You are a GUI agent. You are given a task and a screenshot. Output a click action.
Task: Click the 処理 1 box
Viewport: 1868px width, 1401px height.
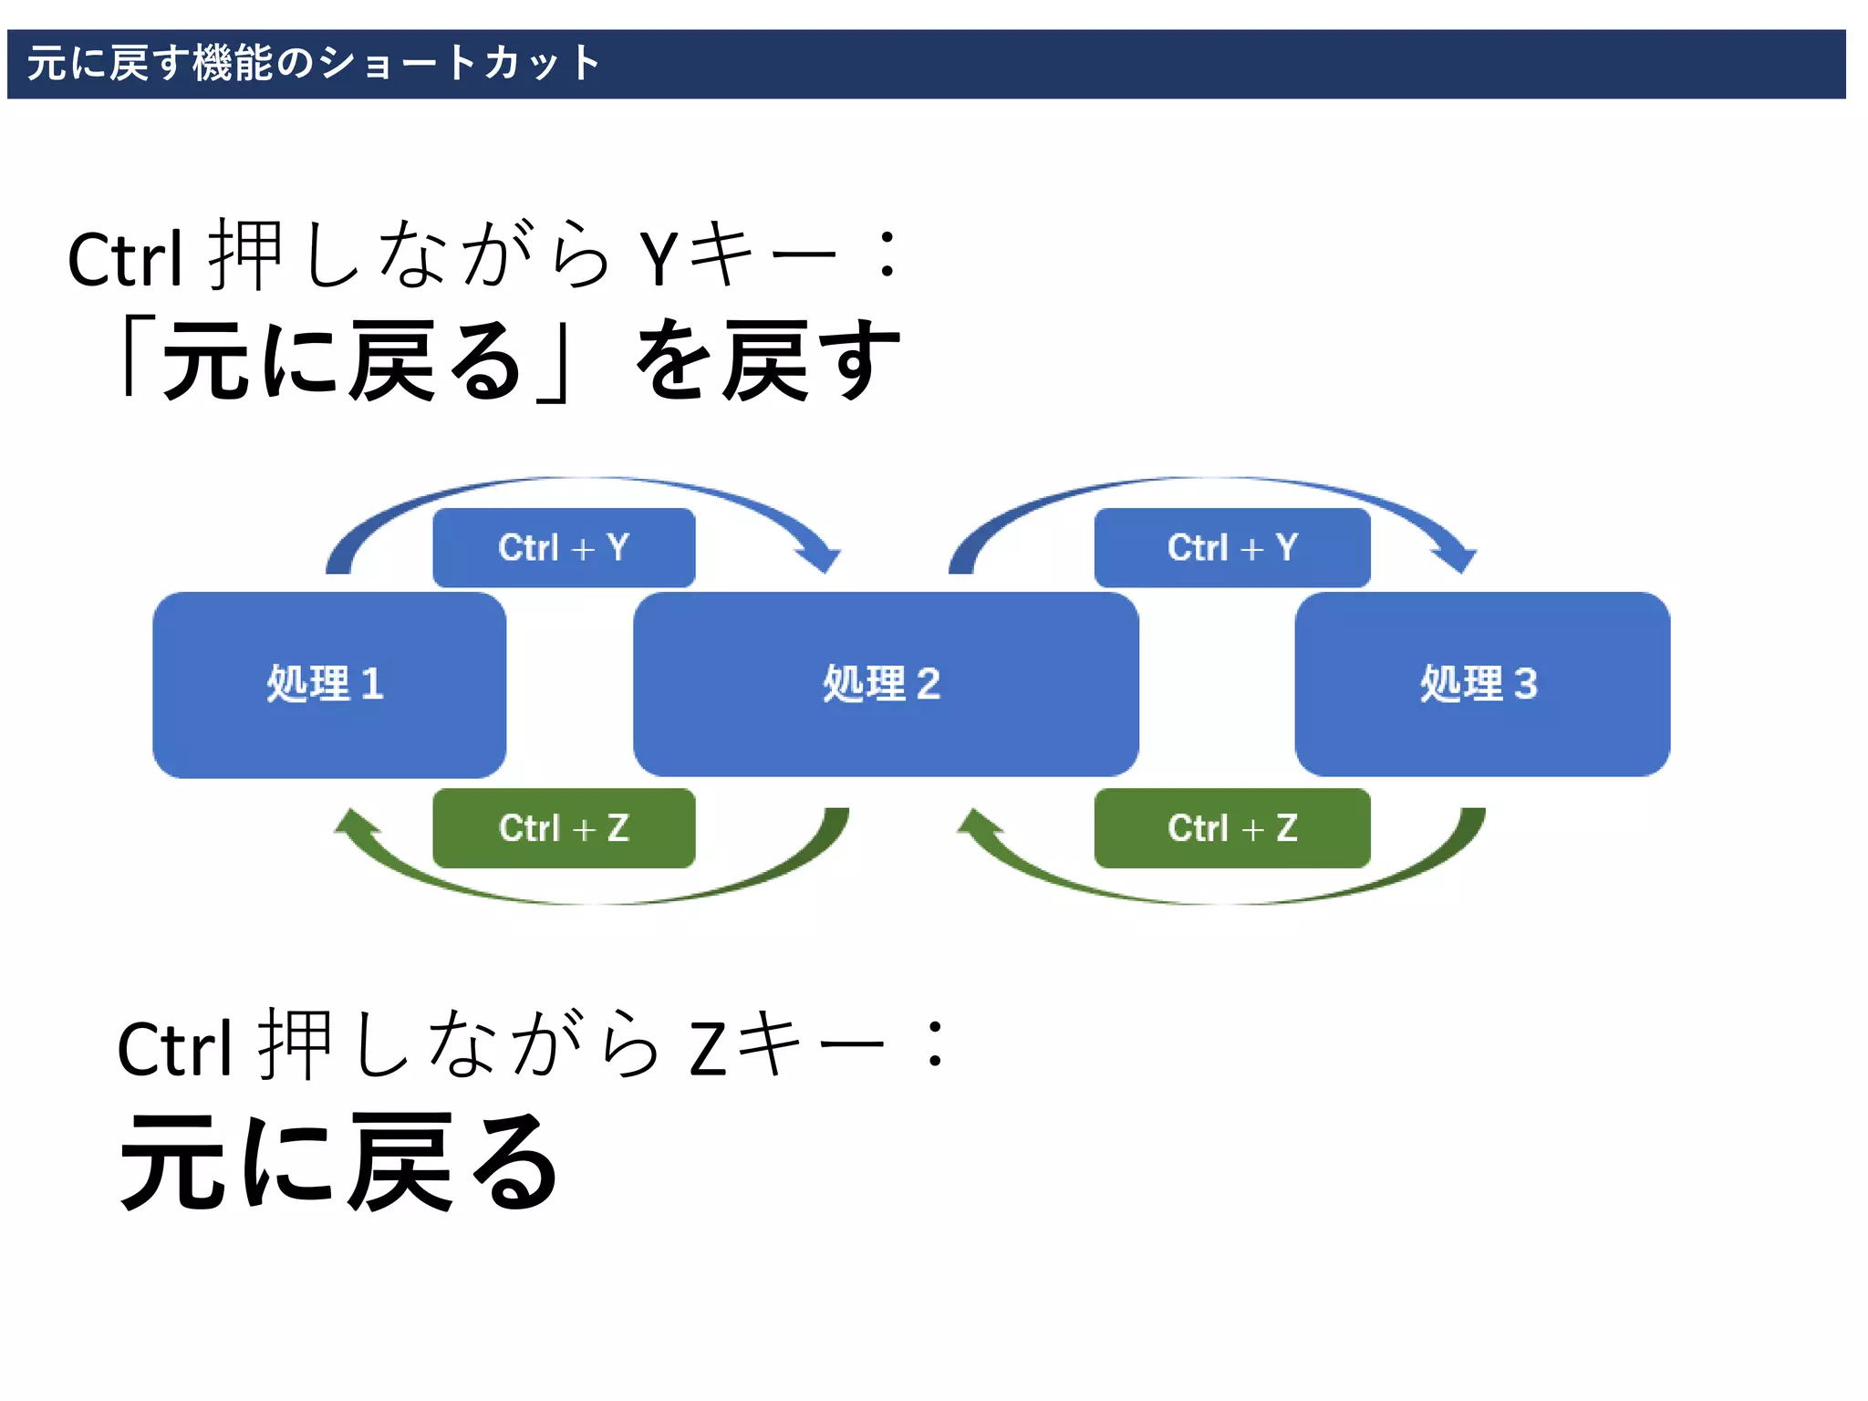click(328, 684)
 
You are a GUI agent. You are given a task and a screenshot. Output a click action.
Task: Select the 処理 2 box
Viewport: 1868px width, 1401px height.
click(885, 684)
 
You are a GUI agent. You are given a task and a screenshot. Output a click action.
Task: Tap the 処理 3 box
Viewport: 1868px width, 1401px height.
click(1482, 684)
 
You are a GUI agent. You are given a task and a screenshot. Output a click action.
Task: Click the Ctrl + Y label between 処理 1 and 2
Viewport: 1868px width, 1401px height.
click(564, 547)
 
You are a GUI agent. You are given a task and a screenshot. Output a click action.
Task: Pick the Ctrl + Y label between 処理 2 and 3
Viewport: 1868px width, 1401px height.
click(1232, 547)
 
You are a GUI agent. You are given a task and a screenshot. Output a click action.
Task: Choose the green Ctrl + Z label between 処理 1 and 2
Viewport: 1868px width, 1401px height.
click(564, 828)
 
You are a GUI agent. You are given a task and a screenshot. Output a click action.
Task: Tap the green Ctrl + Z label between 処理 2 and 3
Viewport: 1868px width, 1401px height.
click(1232, 828)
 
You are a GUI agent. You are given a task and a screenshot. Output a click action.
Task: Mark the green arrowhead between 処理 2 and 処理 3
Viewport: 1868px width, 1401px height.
click(978, 824)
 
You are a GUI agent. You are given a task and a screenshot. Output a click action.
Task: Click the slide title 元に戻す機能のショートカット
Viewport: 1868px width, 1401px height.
click(314, 64)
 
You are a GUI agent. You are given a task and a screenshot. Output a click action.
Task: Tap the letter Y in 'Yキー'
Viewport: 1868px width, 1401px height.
click(659, 259)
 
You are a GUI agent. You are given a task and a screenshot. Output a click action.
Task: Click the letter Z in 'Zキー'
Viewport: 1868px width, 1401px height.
click(708, 1049)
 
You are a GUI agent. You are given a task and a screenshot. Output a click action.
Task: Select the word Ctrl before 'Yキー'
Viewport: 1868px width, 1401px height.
click(126, 261)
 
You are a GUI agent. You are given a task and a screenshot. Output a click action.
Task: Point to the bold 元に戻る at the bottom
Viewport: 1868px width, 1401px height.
click(339, 1163)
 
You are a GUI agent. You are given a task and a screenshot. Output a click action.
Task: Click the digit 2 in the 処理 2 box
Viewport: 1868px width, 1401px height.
click(928, 684)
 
